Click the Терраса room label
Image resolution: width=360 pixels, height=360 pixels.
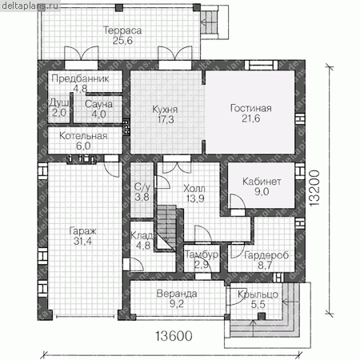pos(122,30)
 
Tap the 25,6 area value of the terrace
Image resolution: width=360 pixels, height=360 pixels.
pos(122,41)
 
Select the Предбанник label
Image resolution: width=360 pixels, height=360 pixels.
pos(80,78)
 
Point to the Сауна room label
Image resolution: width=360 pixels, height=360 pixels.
pos(98,104)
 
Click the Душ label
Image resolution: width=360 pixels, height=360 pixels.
pos(59,103)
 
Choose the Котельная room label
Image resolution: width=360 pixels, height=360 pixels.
pos(83,136)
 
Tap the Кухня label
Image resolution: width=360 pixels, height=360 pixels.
pos(165,110)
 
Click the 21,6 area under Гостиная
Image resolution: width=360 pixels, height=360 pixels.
pos(251,118)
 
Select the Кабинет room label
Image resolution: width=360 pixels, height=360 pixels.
pos(262,182)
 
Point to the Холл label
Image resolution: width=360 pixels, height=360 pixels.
pos(194,189)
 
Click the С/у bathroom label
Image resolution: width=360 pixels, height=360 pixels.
pos(142,187)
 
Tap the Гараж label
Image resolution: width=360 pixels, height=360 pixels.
pos(82,231)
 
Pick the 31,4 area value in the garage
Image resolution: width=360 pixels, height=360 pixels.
pos(82,241)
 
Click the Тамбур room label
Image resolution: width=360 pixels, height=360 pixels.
pos(202,254)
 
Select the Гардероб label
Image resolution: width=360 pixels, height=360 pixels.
pos(266,255)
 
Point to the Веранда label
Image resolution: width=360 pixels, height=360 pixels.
pos(177,294)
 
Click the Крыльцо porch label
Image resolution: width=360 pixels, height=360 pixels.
pos(258,294)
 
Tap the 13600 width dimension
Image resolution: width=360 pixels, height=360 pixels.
pos(174,336)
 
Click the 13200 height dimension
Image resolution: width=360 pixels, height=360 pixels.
pos(315,188)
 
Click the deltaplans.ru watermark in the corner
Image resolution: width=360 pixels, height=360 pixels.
pos(30,6)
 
